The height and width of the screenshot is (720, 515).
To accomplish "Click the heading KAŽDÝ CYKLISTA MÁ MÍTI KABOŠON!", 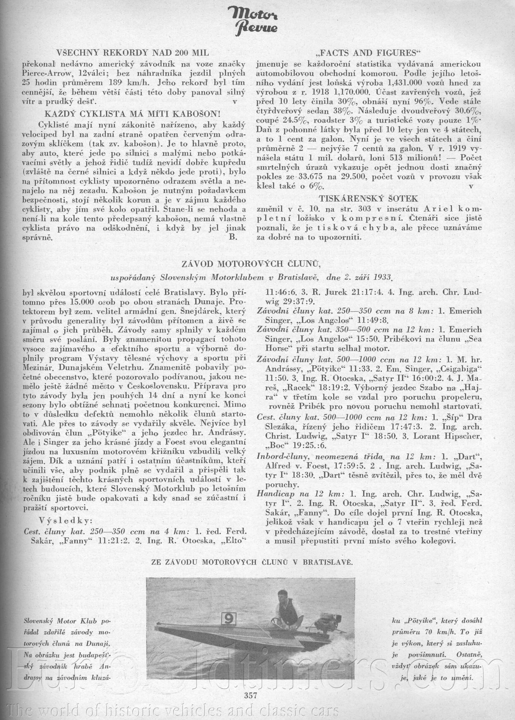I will click(x=132, y=114).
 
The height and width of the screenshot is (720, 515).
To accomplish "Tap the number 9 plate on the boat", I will click(x=228, y=619).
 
